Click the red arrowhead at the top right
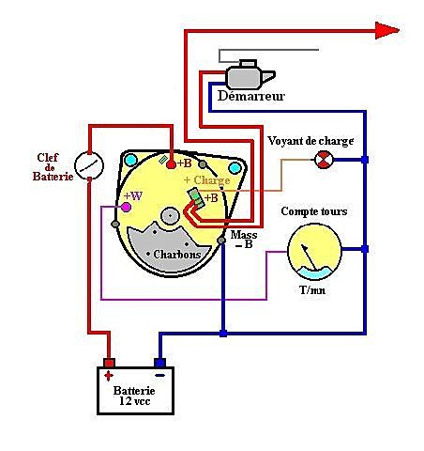(x=387, y=30)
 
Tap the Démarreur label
(x=251, y=96)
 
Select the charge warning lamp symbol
(x=324, y=160)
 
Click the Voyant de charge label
(x=310, y=141)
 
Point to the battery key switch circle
(x=89, y=165)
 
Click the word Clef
(x=48, y=157)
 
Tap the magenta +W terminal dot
(x=126, y=207)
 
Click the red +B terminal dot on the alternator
(x=171, y=163)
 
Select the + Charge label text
(x=207, y=180)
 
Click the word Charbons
(x=177, y=255)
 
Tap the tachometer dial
(x=314, y=252)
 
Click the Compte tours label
(x=314, y=211)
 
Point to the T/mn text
(x=312, y=290)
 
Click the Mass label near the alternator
(x=244, y=235)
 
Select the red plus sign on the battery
(x=109, y=376)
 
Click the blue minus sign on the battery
(x=159, y=375)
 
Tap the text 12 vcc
(x=135, y=401)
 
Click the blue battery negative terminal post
(x=159, y=363)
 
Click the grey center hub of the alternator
(x=170, y=215)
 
